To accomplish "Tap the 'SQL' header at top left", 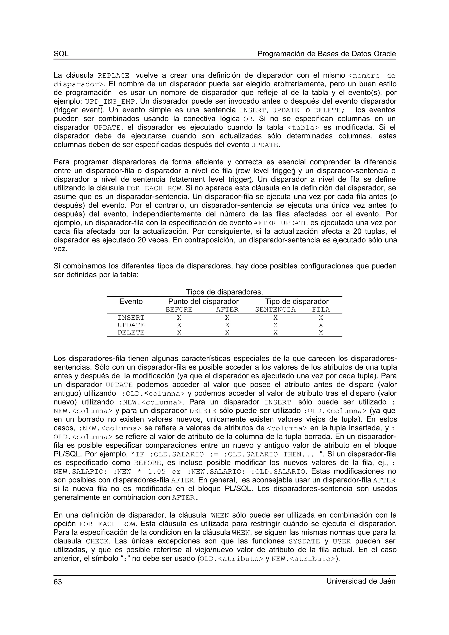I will coord(61,54).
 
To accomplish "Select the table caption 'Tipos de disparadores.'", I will coord(224,292).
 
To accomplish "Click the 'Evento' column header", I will coord(131,302).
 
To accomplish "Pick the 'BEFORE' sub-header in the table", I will coord(179,309).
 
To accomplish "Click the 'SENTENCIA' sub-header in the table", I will coord(275,309).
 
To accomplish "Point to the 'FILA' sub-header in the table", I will coord(321,309).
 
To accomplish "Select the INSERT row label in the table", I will coord(131,318).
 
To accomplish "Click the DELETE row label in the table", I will coord(131,332).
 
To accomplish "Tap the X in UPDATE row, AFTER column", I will coord(227,325).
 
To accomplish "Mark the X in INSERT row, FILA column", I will coord(321,318).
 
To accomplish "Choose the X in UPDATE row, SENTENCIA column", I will coord(275,325).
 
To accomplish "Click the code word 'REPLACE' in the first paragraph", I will coord(113,76).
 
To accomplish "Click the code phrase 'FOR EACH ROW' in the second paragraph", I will coord(154,189).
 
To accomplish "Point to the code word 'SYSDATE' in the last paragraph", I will coord(304,541).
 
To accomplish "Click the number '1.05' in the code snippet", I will coord(157,472).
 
